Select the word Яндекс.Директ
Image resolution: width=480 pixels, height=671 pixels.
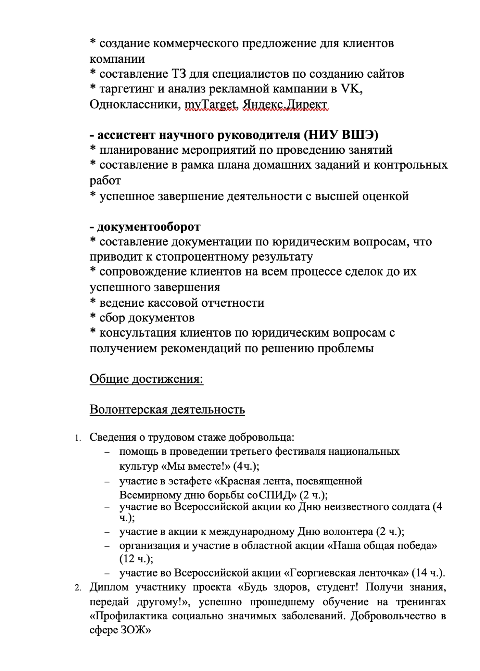point(285,104)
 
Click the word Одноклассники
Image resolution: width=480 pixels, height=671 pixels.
point(135,104)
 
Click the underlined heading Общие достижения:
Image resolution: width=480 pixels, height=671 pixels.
point(146,378)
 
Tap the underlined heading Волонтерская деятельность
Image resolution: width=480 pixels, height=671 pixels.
point(167,410)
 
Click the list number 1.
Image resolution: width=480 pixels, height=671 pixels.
point(77,438)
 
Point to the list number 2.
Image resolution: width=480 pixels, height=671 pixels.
point(77,588)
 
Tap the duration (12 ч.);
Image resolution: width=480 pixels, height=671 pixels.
point(136,558)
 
